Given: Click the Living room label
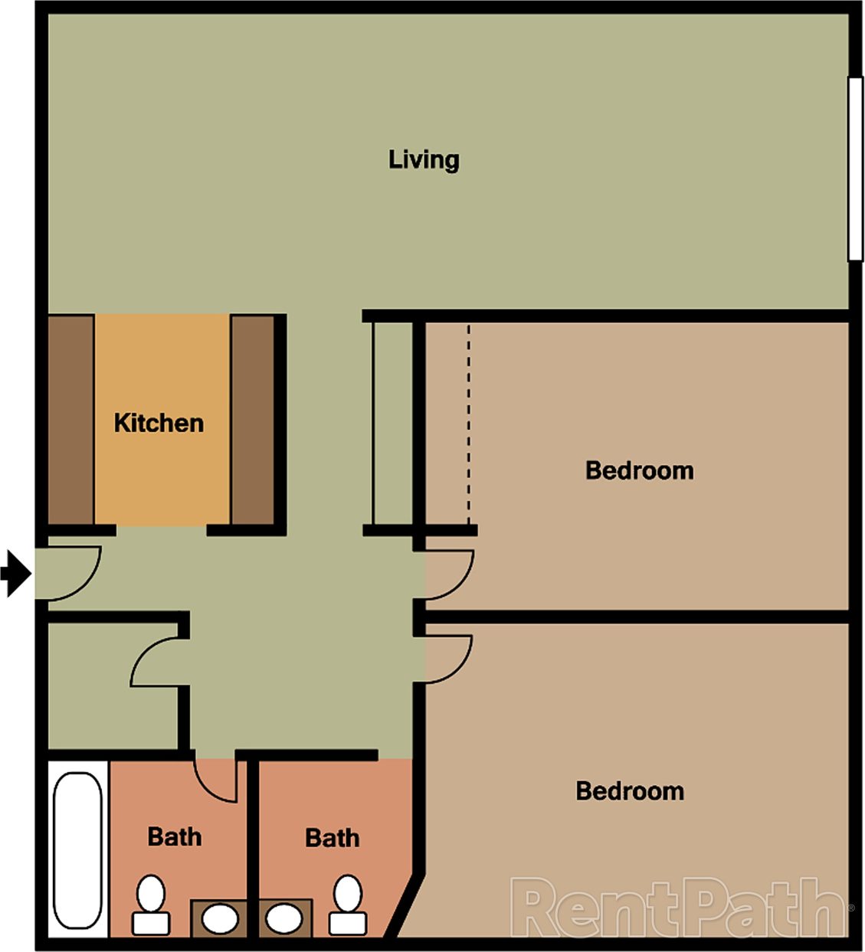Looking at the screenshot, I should click(x=424, y=159).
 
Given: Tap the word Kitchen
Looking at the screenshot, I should click(x=159, y=423).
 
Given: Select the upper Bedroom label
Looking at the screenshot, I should click(x=639, y=469).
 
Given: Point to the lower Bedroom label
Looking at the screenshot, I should click(x=629, y=790).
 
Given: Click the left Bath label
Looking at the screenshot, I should click(x=175, y=836).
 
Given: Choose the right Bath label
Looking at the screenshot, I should click(x=332, y=838).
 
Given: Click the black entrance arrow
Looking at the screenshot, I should click(x=15, y=573).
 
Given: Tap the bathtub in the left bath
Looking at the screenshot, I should click(x=77, y=850).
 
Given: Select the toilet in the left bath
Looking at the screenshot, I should click(x=151, y=905).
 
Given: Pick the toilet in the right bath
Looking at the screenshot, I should click(x=348, y=905).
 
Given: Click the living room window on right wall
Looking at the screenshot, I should click(x=856, y=168).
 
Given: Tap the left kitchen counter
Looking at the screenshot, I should click(x=70, y=420).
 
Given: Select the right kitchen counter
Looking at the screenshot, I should click(x=252, y=420).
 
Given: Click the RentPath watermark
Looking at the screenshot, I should click(x=680, y=908).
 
